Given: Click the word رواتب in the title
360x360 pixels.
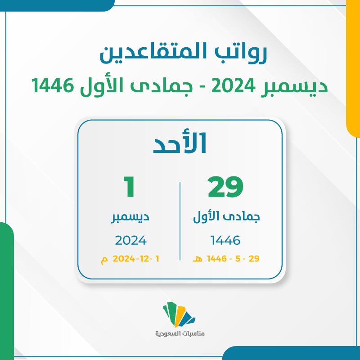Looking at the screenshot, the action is coord(240,53).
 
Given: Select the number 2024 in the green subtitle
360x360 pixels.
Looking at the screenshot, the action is coord(233,85).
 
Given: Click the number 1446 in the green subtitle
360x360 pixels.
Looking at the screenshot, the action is coord(53,85).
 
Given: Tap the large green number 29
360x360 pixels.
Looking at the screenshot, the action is coord(225,187).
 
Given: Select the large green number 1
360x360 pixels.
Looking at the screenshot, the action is coord(130,187).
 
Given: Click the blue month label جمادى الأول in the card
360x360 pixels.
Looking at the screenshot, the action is coord(226,217).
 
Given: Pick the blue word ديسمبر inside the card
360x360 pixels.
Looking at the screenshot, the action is coord(130,217).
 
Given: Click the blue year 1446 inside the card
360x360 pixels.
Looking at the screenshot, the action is coord(225,240).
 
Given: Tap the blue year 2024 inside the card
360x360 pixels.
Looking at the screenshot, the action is coord(130,240).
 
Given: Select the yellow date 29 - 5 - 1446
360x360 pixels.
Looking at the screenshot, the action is coord(233,258).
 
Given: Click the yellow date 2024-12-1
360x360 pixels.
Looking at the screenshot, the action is coord(136,259).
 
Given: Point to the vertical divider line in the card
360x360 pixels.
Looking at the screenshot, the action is coord(180,221).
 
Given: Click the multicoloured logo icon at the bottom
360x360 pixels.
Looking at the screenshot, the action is coord(179,314).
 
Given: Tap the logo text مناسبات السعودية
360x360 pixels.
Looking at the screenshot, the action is coord(180,333).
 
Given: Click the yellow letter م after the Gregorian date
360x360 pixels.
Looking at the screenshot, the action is coord(104,260).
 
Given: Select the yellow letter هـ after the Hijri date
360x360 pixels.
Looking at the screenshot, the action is coord(198,259).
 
